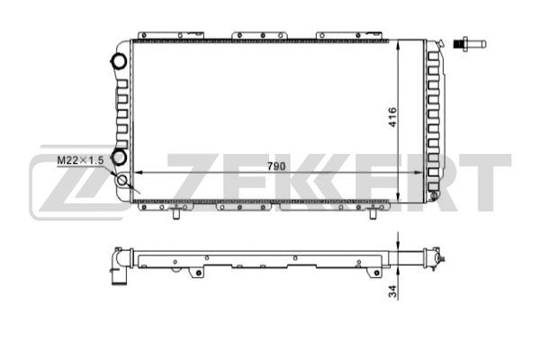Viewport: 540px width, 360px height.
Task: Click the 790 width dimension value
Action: (276, 166)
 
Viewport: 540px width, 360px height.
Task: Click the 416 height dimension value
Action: (392, 117)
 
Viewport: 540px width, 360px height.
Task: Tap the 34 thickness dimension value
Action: (392, 292)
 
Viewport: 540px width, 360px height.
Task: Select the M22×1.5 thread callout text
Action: (80, 160)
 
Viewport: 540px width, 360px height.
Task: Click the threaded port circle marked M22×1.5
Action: (122, 180)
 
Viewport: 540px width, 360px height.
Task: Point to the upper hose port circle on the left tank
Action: (119, 62)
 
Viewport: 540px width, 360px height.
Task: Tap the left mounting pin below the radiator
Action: (176, 212)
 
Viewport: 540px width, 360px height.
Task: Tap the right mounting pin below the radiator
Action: (373, 212)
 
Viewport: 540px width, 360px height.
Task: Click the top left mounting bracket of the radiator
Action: (171, 35)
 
